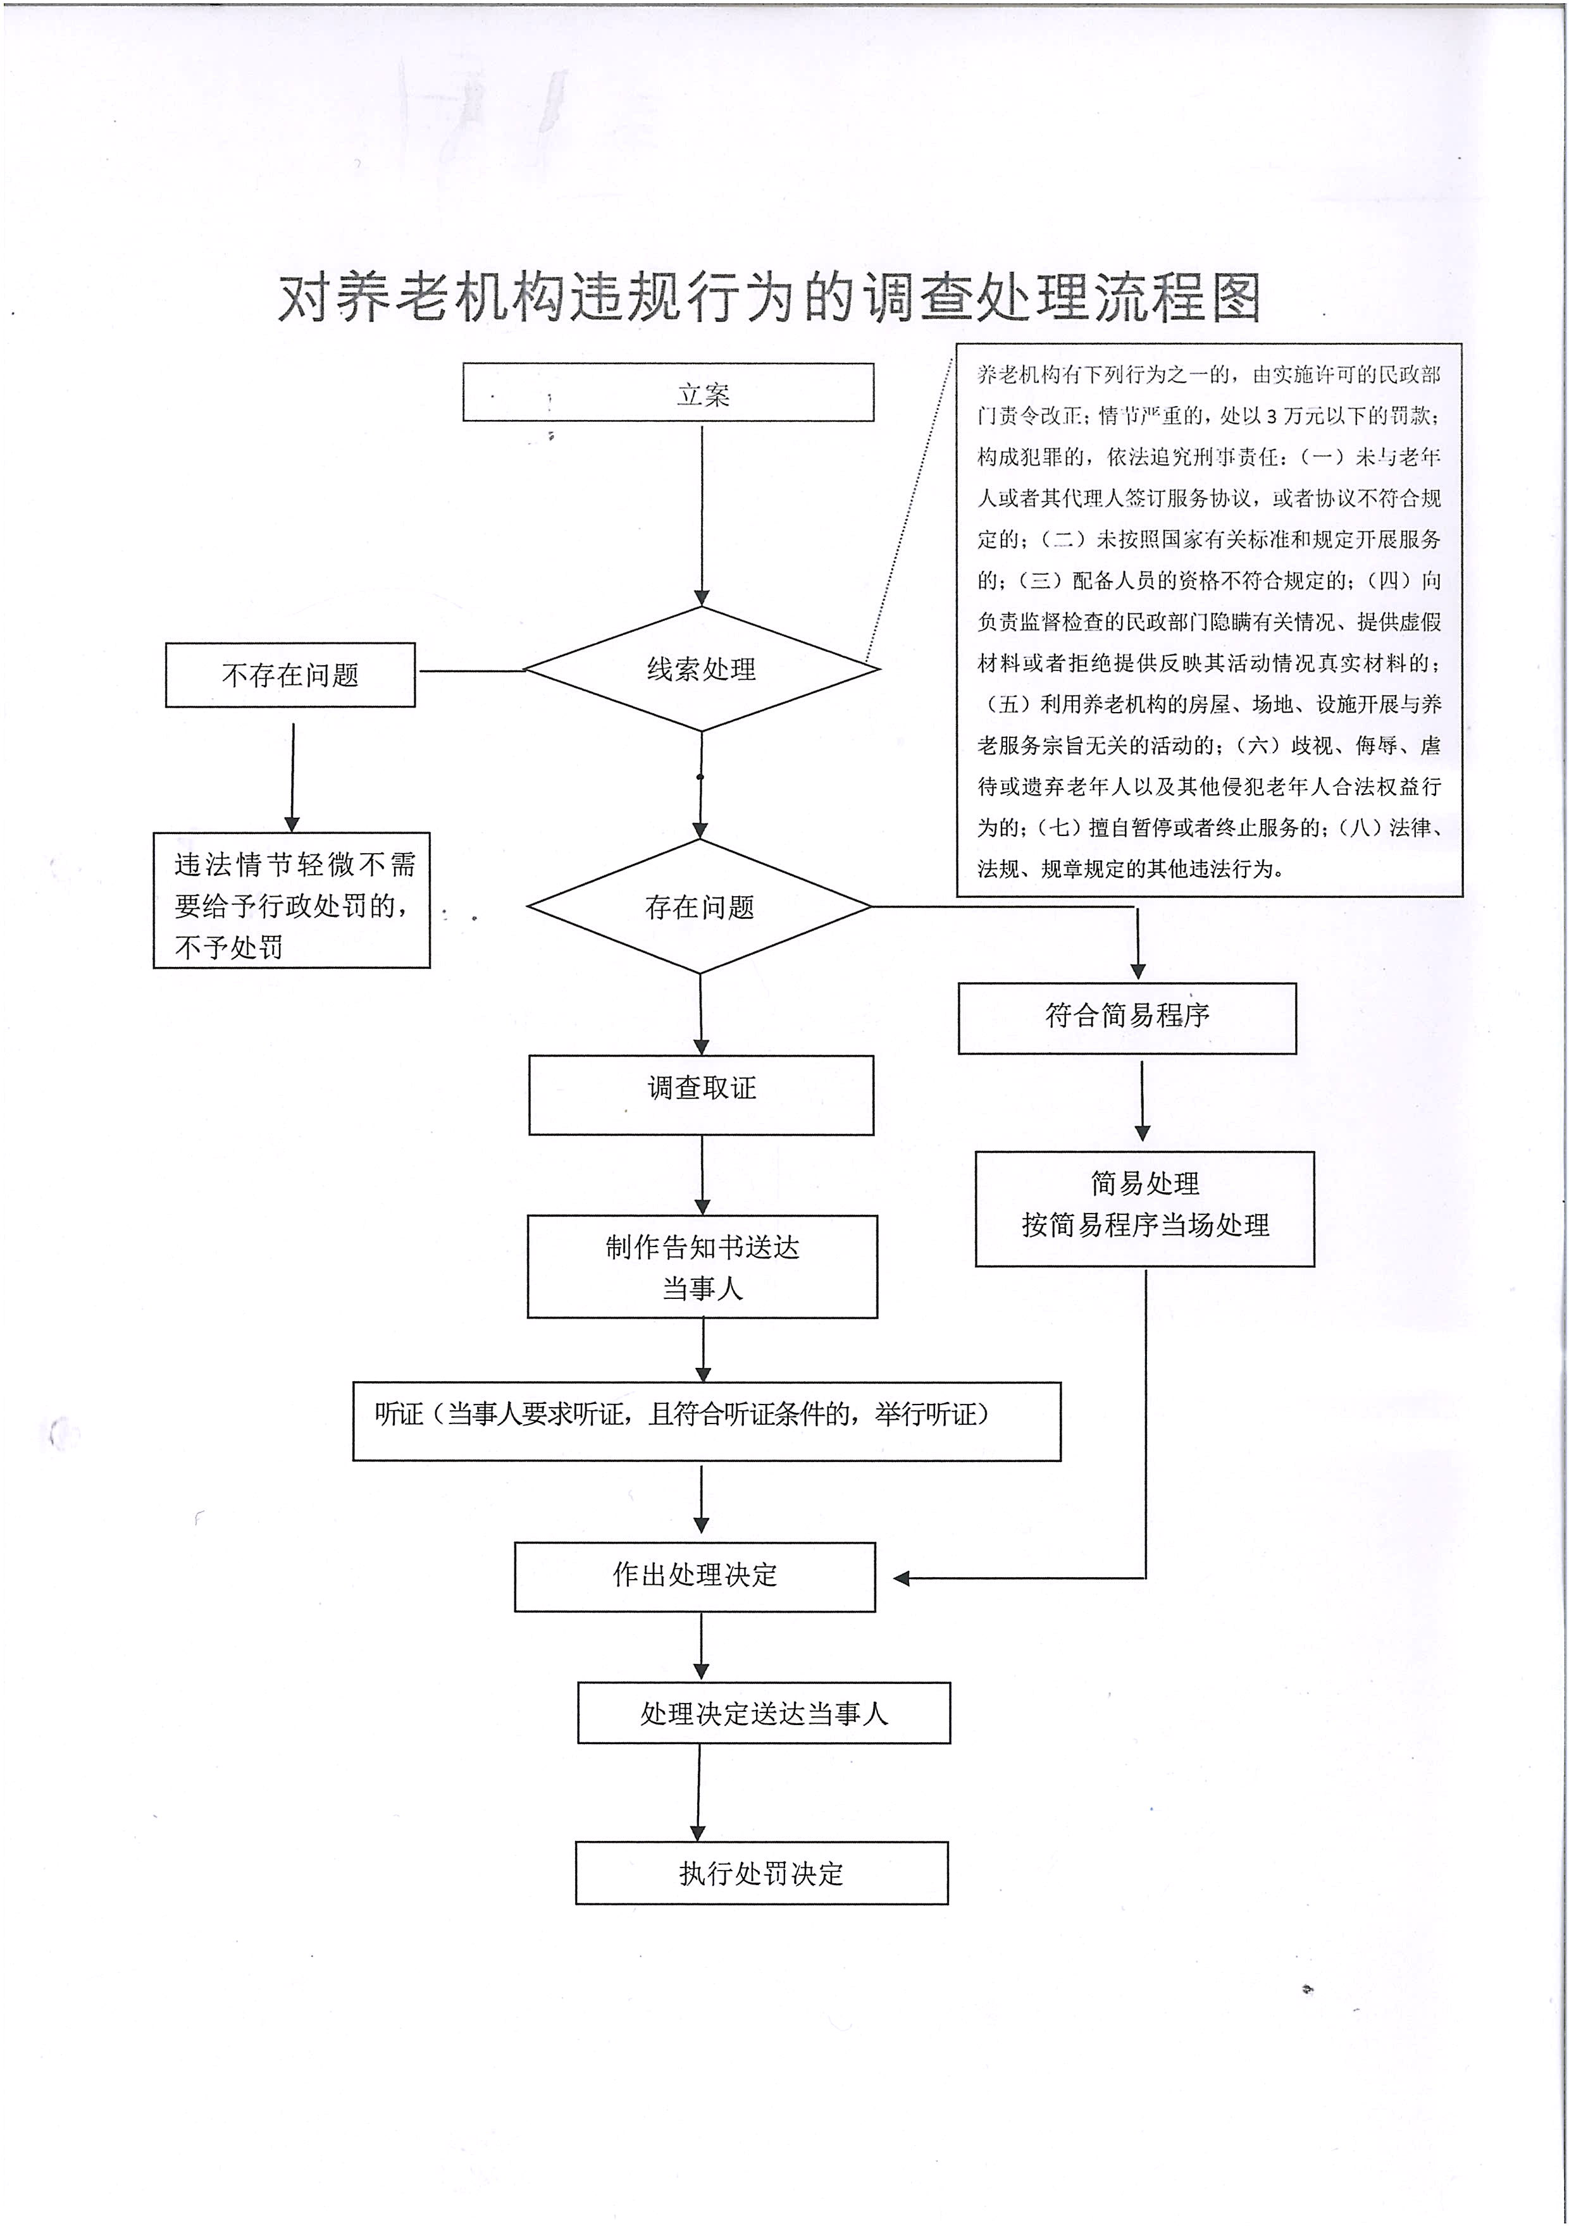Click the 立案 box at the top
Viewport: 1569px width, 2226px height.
668,393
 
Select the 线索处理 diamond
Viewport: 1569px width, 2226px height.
701,669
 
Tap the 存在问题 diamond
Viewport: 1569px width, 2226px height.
699,906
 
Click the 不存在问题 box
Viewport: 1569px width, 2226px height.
290,675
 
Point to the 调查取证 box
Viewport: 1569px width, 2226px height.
701,1095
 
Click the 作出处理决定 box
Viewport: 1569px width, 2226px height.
694,1575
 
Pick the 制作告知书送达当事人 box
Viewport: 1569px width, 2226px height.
702,1266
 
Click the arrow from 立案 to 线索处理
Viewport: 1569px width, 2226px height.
701,514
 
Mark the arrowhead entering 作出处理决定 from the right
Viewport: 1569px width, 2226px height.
901,1578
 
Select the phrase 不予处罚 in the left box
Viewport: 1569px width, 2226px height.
229,947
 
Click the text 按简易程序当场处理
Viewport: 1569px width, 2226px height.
1144,1226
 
